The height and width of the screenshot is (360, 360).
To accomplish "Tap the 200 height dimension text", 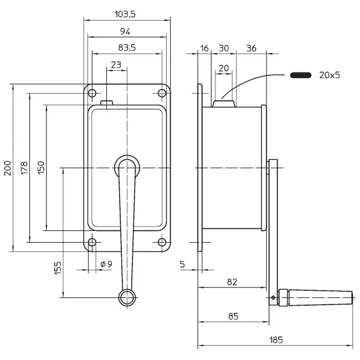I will (7, 168).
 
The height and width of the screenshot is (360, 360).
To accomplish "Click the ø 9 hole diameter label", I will (106, 264).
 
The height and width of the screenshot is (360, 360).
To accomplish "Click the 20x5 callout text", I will (330, 75).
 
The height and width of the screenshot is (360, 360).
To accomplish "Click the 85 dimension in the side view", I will (233, 316).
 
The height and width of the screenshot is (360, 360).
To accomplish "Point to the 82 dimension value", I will (232, 281).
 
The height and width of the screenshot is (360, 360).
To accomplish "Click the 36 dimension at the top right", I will (251, 48).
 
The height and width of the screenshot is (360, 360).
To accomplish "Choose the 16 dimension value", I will (205, 48).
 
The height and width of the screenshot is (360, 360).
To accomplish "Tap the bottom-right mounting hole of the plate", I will (162, 242).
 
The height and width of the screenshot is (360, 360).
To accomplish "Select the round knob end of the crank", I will (127, 297).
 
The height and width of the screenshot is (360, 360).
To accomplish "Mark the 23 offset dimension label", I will (116, 65).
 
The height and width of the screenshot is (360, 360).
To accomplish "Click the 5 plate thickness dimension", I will (183, 265).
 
